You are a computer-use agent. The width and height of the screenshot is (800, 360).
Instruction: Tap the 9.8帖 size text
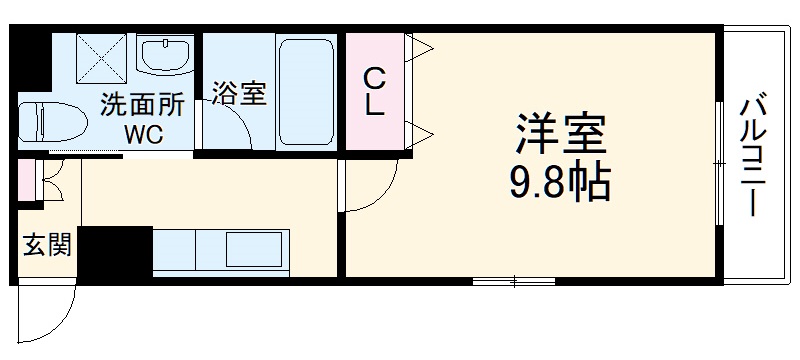pos(560,184)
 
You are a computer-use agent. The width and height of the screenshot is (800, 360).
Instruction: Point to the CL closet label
pos(374,92)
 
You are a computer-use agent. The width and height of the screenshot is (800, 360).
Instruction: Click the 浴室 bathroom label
pos(238,94)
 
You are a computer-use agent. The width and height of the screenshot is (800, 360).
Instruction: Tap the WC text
pos(142,133)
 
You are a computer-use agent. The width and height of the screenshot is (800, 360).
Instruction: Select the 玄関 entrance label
pos(46,245)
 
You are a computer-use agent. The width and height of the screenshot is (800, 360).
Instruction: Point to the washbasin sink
pos(163,56)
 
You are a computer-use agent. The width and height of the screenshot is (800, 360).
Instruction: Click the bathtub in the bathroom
pos(307,93)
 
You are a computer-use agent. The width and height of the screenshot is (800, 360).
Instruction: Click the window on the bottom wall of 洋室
pos(512,281)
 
